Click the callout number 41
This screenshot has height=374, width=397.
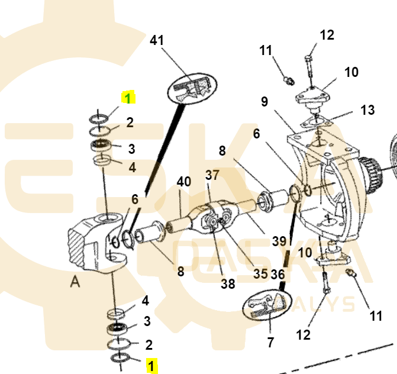click(156, 40)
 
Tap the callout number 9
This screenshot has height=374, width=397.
click(264, 102)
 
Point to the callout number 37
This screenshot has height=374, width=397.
click(212, 175)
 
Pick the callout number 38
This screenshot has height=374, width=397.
click(228, 283)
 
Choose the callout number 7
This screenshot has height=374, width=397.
click(270, 341)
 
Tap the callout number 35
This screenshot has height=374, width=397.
click(260, 274)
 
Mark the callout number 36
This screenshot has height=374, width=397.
click(278, 274)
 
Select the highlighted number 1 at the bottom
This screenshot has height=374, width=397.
click(153, 366)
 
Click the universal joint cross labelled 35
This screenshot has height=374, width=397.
click(215, 222)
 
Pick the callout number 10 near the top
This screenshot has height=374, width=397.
click(351, 72)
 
